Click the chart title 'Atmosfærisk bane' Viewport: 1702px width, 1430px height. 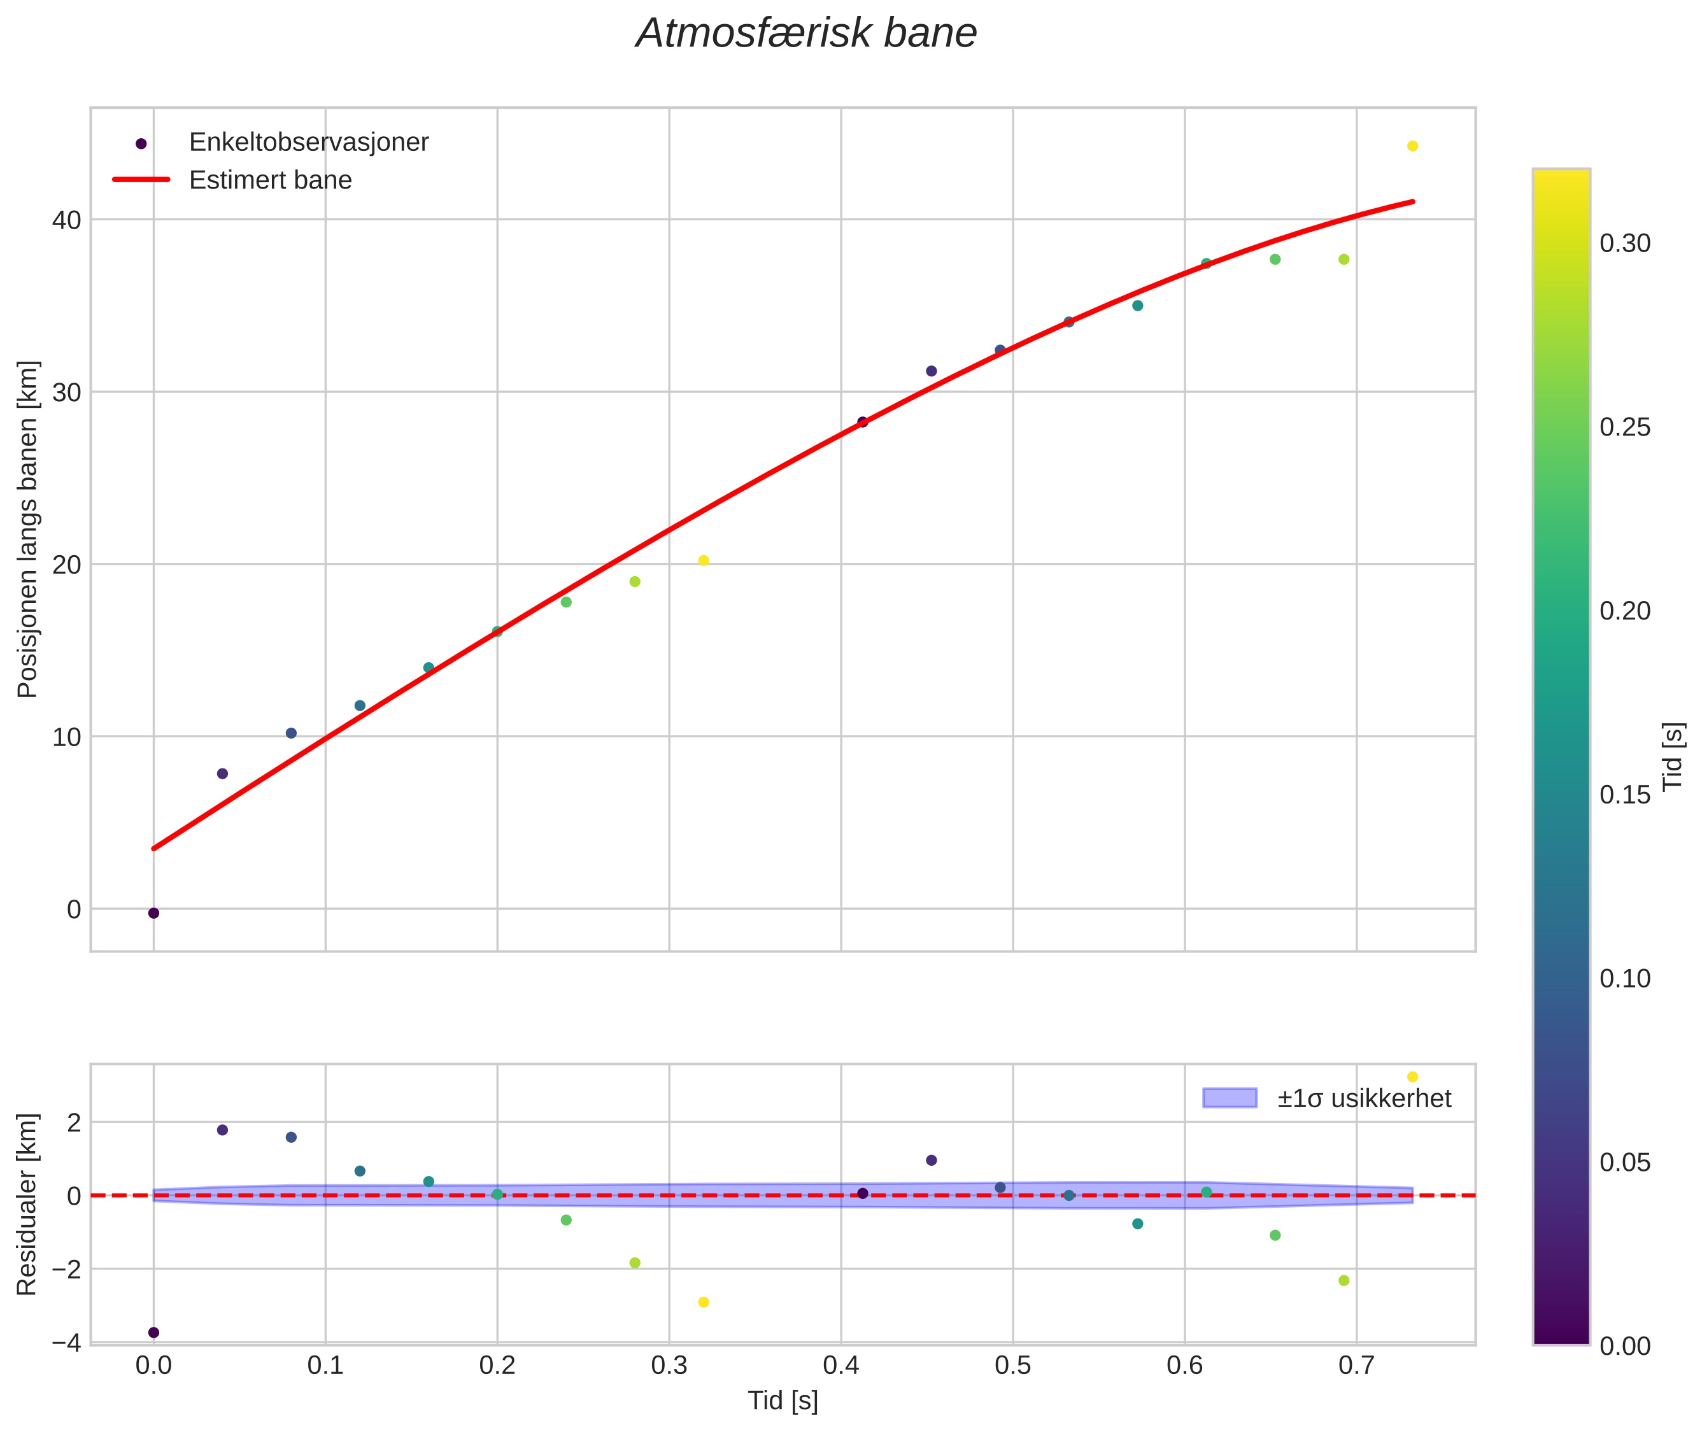coord(806,34)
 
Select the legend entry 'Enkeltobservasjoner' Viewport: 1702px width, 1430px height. coord(308,143)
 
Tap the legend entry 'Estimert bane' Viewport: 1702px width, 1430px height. coord(270,180)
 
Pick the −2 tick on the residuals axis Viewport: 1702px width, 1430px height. coord(66,1270)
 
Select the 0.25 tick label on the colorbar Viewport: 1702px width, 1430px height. coord(1624,427)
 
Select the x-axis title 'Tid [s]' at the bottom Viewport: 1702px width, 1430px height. coord(783,1401)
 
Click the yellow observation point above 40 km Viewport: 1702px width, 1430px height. coord(1412,146)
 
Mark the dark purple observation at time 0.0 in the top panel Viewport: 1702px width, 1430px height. coord(154,914)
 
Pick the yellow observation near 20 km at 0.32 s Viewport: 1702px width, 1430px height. coord(704,561)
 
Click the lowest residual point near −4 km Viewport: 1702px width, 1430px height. coord(154,1333)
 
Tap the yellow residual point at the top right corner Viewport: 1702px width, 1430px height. coord(1412,1077)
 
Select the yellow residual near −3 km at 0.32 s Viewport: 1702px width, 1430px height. coord(704,1303)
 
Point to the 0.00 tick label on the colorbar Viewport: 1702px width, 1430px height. coord(1624,1347)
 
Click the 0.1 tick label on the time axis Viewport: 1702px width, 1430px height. coord(325,1366)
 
